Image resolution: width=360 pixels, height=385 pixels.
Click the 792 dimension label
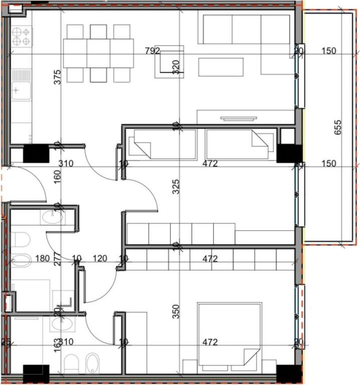(x=151, y=51)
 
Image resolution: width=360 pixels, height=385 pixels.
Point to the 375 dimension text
(x=57, y=76)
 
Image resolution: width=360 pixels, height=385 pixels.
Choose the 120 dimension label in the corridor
(x=100, y=259)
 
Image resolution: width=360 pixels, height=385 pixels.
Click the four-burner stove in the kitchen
(x=22, y=36)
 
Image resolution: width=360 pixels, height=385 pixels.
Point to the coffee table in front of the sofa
(x=221, y=67)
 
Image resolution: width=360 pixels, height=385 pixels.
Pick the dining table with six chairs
(x=98, y=53)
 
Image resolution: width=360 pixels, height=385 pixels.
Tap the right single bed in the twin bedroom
(x=240, y=144)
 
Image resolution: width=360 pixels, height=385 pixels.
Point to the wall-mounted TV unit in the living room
(x=238, y=119)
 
